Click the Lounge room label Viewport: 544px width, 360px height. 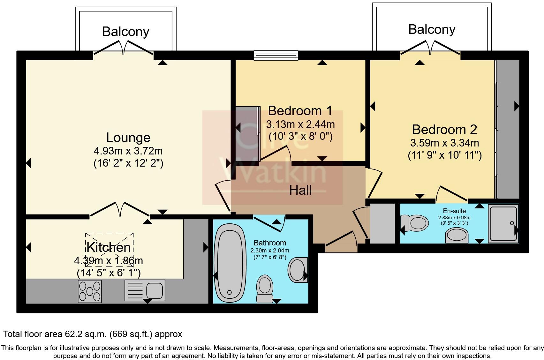coord(128,138)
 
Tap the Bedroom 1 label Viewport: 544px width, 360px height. coord(300,111)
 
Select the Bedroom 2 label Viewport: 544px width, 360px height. coord(444,130)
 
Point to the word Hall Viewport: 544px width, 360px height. coord(300,191)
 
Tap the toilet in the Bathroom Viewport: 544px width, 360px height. coord(264,289)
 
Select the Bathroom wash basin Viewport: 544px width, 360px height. coord(298,270)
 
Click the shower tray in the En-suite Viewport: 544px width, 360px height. coord(503,223)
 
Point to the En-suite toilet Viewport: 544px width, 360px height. coord(415,222)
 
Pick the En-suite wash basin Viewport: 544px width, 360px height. coord(456,235)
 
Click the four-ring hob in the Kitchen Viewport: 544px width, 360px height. coord(90,291)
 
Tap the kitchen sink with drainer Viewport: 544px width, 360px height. coord(145,290)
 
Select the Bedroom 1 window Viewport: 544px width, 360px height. coord(276,56)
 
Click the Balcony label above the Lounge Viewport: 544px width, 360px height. coord(125,32)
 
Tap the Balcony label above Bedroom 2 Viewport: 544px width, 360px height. coord(432,29)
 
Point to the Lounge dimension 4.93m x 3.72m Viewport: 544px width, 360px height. coord(128,151)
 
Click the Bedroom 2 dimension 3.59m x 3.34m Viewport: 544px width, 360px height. coord(444,143)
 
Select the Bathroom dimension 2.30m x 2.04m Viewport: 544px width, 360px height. coord(270,251)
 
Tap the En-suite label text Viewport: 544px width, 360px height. coord(454,211)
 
